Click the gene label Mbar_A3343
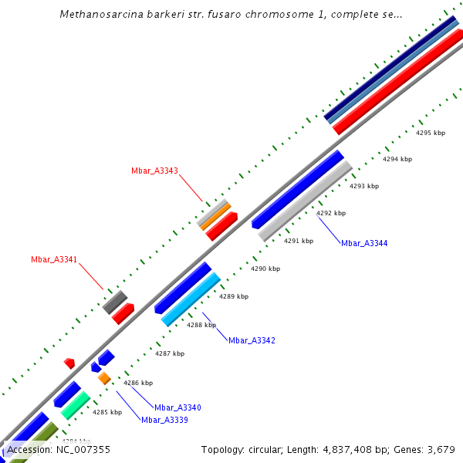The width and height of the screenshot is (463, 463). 154,171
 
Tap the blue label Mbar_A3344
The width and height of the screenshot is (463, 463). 364,243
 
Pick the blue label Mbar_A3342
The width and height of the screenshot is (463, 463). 252,340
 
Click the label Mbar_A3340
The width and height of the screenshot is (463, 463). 177,407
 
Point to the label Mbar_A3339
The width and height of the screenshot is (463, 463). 164,420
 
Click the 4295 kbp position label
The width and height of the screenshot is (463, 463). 431,133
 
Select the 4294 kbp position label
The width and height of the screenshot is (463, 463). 397,160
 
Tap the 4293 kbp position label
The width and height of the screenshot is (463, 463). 364,186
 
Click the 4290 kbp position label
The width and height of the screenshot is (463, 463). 265,269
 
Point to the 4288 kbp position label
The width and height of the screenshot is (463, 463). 200,326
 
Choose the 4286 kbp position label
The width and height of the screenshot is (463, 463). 138,383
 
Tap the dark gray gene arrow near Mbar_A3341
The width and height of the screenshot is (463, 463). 114,302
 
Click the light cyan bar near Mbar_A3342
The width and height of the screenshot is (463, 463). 191,299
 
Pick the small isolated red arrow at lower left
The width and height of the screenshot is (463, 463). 69,363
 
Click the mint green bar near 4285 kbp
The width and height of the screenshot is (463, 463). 76,405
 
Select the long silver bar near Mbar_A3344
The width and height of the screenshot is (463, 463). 306,201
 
